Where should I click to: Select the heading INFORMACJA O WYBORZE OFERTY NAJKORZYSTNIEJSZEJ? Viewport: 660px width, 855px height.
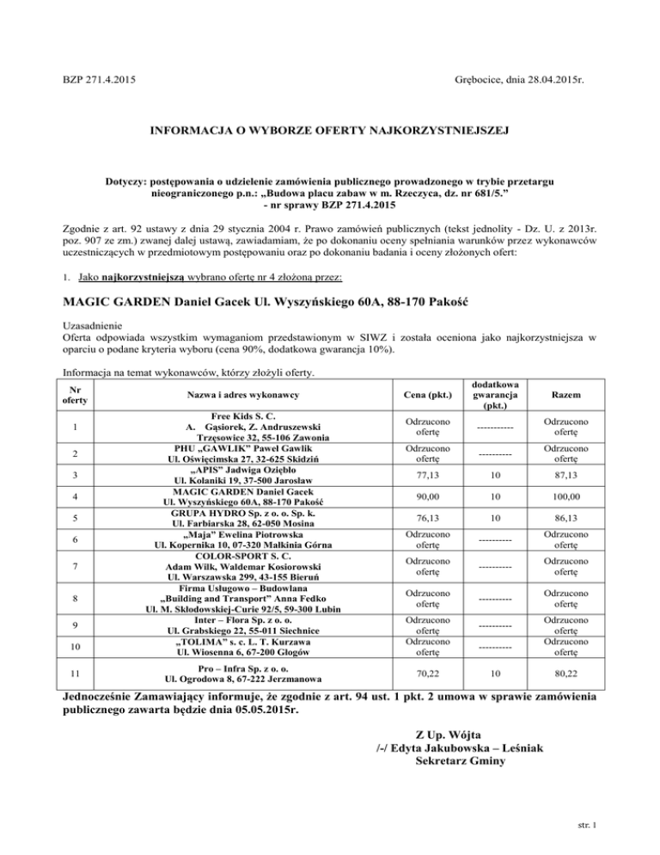(330, 131)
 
